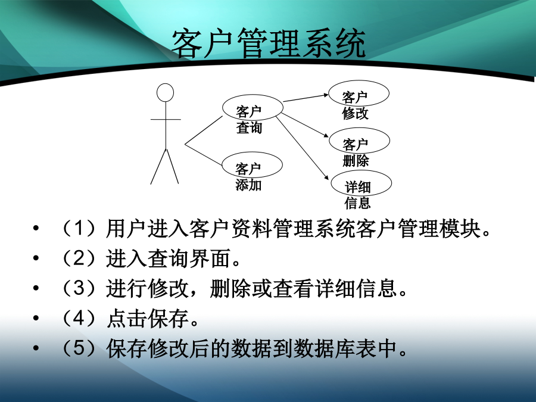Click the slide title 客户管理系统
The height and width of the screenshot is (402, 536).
click(x=269, y=43)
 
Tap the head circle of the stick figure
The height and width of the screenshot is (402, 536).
click(x=165, y=93)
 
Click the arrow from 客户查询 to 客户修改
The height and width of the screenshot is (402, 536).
click(x=306, y=98)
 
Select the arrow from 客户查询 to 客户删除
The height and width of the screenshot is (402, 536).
click(x=306, y=126)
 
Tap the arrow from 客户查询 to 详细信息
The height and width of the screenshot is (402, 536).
click(x=302, y=148)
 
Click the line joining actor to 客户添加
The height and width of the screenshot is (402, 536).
click(x=204, y=155)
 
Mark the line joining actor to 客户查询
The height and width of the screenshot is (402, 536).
click(x=204, y=130)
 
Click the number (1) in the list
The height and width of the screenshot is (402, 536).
click(x=79, y=228)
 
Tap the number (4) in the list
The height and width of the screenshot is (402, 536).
click(x=79, y=318)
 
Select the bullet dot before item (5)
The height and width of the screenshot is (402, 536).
click(x=36, y=348)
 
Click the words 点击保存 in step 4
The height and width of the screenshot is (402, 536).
click(x=148, y=318)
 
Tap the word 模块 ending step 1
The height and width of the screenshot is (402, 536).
click(x=460, y=228)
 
